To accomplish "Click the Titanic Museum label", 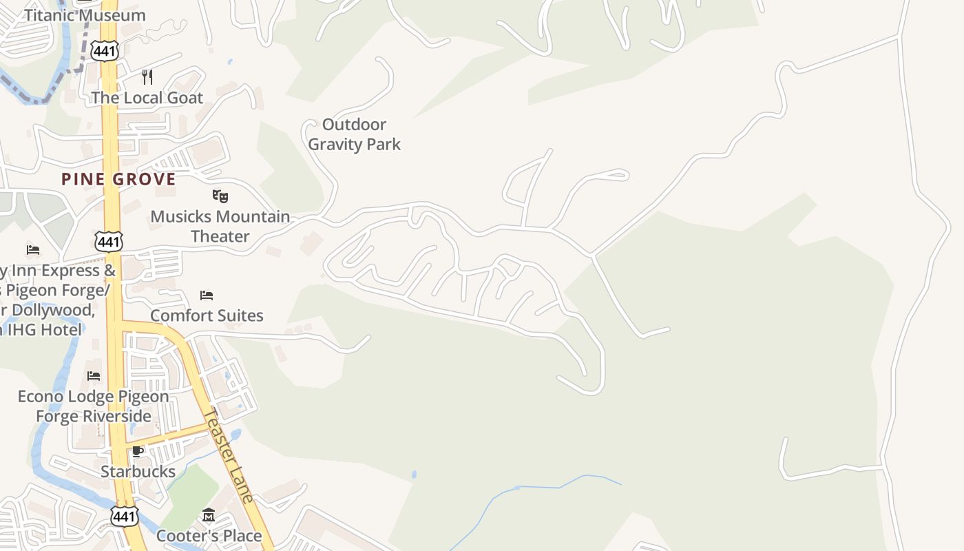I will coord(85,15).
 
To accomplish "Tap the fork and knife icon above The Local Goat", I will coord(147,76).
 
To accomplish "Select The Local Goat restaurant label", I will coord(147,98).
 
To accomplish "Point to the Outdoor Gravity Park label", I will coord(354,134).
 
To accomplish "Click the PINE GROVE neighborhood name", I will coord(118,179).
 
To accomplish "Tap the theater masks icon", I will coord(220,196).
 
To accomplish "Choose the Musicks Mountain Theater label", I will coord(220,226).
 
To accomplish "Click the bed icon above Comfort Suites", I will coord(207,295).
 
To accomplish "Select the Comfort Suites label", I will coord(207,315).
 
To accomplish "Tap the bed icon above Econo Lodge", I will coord(94,376).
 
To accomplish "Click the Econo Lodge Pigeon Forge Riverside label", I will coord(94,406).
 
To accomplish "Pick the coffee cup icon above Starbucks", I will coord(138,452).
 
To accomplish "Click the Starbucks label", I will coord(138,472).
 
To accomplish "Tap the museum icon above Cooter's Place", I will coord(209,515).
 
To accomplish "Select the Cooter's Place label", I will coord(209,535).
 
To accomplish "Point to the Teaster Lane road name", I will coord(230,455).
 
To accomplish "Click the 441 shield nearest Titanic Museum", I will coord(107,50).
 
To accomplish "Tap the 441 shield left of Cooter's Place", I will coord(125,516).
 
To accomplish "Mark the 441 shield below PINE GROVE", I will coord(109,241).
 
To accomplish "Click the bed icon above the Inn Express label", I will coord(33,249).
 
